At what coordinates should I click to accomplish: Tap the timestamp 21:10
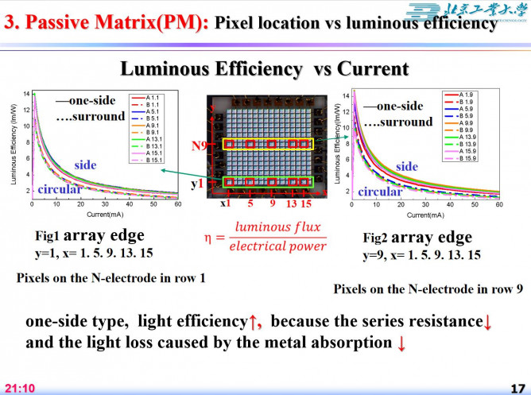(x=21, y=388)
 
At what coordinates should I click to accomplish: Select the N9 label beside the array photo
(x=200, y=146)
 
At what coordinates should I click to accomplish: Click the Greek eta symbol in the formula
(x=209, y=237)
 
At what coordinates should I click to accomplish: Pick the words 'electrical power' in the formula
(x=277, y=246)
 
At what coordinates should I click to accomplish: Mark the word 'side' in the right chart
(x=406, y=166)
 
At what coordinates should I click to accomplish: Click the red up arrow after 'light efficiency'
(x=254, y=323)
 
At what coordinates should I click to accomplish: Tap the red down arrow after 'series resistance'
(x=488, y=323)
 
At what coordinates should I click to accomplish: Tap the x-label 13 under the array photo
(x=291, y=203)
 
